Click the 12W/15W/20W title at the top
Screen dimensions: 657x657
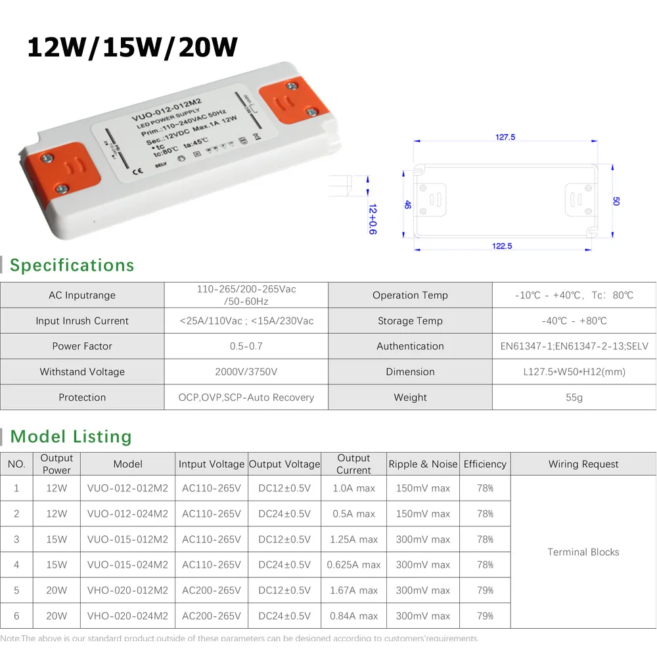pyautogui.click(x=132, y=47)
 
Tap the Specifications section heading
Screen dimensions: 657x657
pyautogui.click(x=72, y=265)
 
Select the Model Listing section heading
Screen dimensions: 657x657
pyautogui.click(x=71, y=437)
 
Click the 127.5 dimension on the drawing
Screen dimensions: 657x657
pyautogui.click(x=505, y=137)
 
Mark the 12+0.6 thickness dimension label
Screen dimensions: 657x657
pyautogui.click(x=373, y=219)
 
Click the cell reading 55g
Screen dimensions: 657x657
pyautogui.click(x=574, y=397)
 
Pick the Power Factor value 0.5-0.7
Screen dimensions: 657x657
pyautogui.click(x=246, y=346)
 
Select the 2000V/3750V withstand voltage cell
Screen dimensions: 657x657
pyautogui.click(x=246, y=372)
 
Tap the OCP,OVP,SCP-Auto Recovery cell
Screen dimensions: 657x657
pyautogui.click(x=246, y=397)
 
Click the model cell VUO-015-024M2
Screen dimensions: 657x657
pyautogui.click(x=127, y=565)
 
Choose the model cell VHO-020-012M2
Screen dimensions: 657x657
pyautogui.click(x=127, y=591)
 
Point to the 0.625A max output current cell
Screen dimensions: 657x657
pyautogui.click(x=353, y=565)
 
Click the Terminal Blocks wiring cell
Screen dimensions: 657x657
pyautogui.click(x=583, y=552)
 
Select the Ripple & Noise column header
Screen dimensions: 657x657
pyautogui.click(x=423, y=464)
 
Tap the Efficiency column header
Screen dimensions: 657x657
pyautogui.click(x=485, y=464)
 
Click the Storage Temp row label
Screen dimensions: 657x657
pyautogui.click(x=410, y=321)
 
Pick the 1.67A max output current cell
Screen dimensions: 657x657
pyautogui.click(x=353, y=591)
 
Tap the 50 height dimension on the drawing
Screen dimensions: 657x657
pyautogui.click(x=616, y=201)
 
